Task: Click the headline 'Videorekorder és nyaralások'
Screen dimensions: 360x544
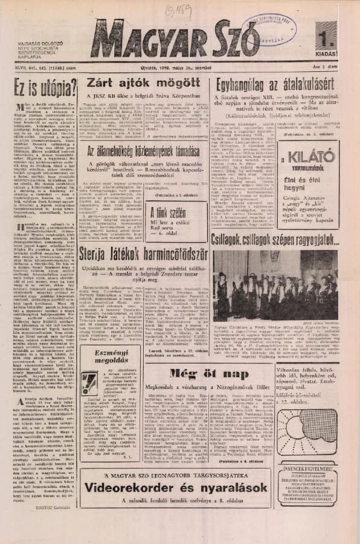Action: point(176,486)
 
